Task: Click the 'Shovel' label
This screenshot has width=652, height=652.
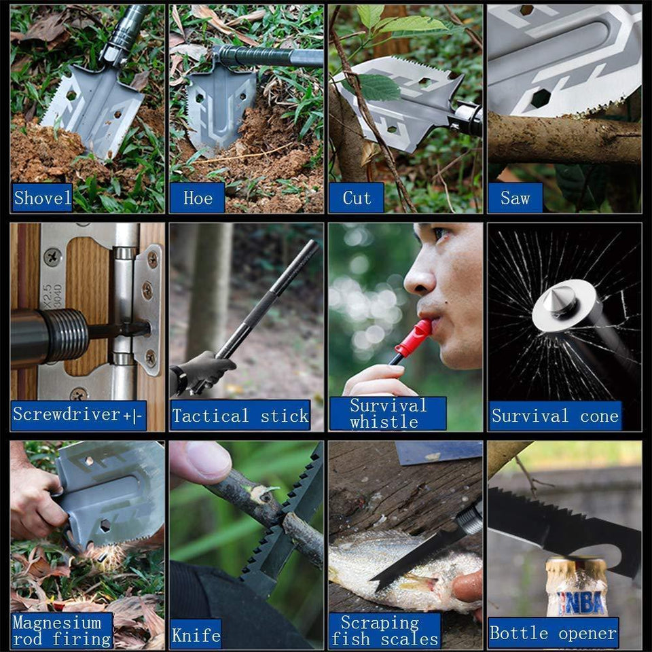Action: [42, 198]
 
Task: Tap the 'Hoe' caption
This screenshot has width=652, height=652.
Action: [197, 198]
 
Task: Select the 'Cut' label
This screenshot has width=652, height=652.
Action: [357, 198]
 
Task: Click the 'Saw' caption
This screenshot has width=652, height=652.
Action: [515, 198]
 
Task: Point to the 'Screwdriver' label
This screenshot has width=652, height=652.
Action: [79, 415]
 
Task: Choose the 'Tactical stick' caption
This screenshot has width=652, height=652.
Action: [240, 415]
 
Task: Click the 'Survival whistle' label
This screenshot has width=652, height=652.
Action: [388, 414]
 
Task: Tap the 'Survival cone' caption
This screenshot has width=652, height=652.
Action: [555, 416]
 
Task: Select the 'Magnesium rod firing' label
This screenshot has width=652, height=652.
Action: [62, 630]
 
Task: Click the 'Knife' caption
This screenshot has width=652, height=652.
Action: [196, 634]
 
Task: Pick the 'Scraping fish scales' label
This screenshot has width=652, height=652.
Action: [384, 630]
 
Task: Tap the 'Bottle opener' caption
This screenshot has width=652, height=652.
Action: [553, 633]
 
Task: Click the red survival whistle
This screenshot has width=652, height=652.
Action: [414, 338]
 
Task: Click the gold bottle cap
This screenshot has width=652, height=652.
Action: [577, 567]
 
